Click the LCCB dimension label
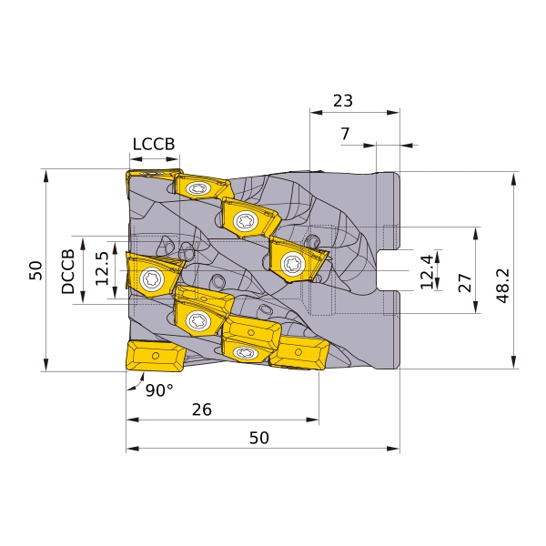(154, 144)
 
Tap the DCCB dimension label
(68, 271)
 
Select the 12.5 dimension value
(102, 268)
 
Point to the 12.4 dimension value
(427, 271)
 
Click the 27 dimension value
(465, 282)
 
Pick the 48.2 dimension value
(503, 286)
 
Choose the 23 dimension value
(343, 101)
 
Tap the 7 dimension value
(345, 134)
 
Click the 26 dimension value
(202, 409)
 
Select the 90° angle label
(159, 390)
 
